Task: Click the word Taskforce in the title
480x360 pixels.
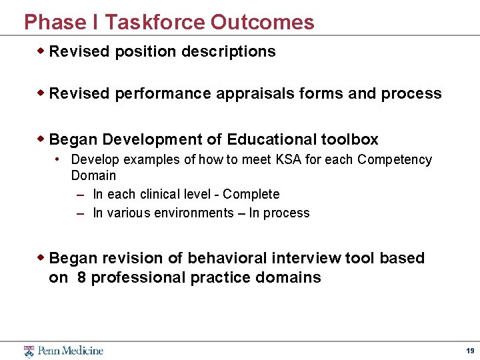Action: [x=155, y=22]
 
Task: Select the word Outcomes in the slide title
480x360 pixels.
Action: [x=263, y=22]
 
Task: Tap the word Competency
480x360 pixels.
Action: [x=395, y=160]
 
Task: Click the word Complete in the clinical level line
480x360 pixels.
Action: [x=251, y=195]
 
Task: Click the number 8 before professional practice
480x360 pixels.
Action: [x=81, y=278]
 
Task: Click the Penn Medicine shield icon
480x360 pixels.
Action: [x=29, y=351]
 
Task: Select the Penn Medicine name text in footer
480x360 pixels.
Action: [x=70, y=351]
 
